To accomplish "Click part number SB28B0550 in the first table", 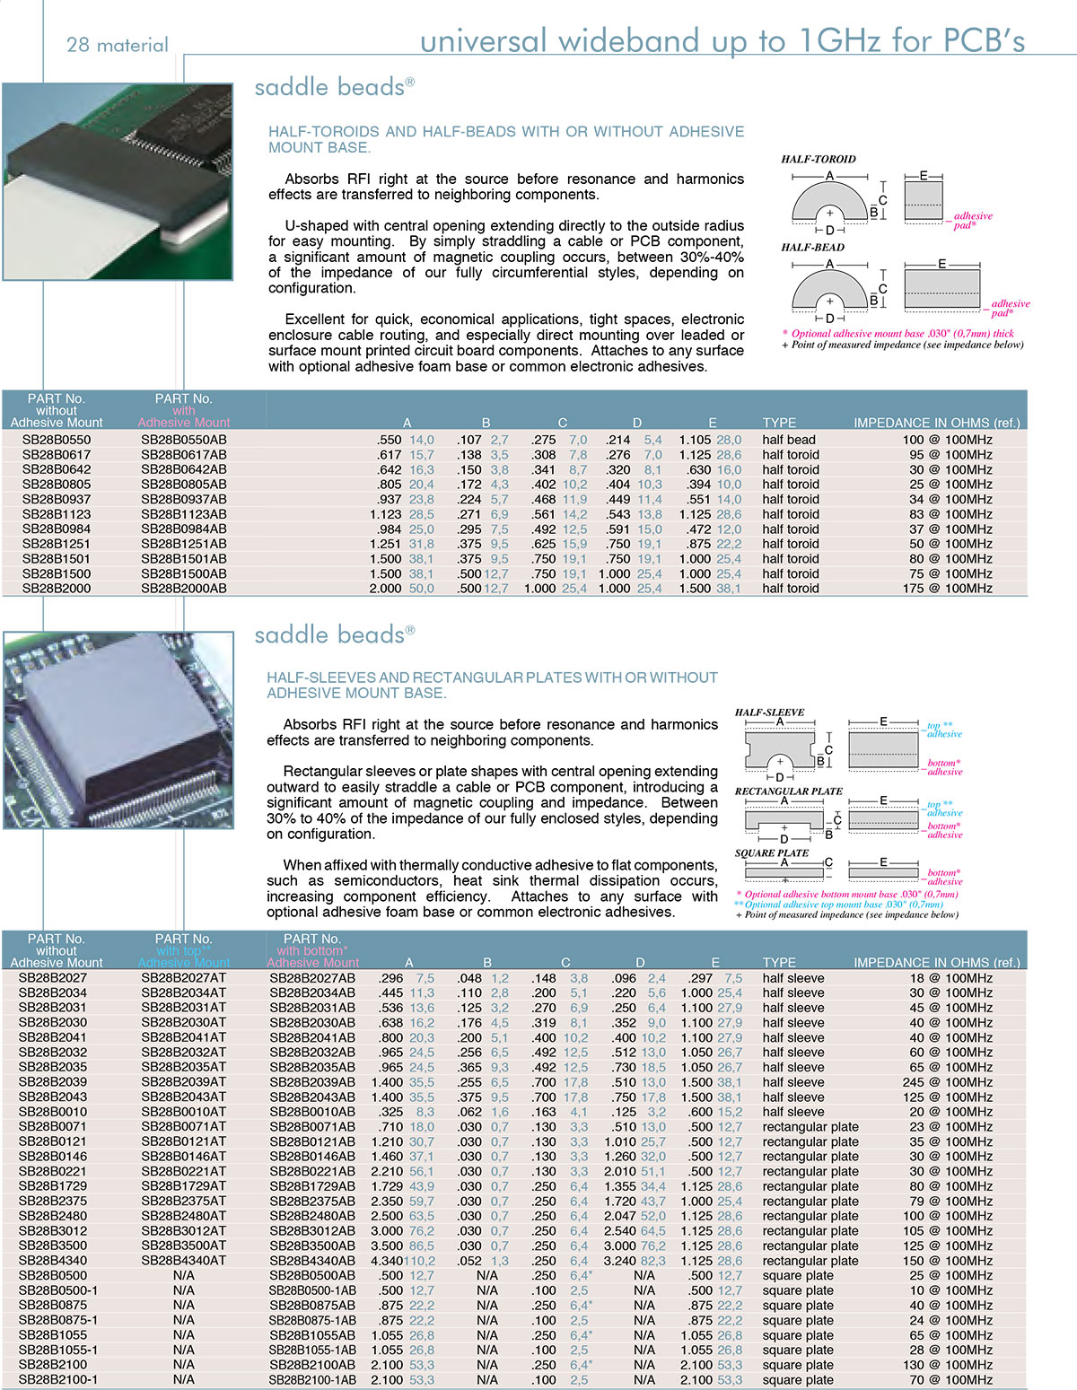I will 57,440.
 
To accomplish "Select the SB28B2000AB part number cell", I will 184,589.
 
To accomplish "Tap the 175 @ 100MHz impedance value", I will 947,589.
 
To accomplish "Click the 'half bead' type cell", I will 789,440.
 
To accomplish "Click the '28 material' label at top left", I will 118,45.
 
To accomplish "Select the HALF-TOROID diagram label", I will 819,159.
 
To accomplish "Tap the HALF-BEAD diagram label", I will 812,247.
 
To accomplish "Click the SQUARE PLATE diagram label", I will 772,852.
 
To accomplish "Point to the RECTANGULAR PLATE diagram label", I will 789,791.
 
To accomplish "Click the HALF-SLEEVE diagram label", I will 769,712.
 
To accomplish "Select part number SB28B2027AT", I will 184,978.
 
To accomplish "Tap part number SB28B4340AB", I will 312,1261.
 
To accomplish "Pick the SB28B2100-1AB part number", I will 312,1380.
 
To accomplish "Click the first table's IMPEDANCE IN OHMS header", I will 936,423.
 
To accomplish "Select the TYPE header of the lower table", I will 779,963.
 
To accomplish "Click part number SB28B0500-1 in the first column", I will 58,1290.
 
